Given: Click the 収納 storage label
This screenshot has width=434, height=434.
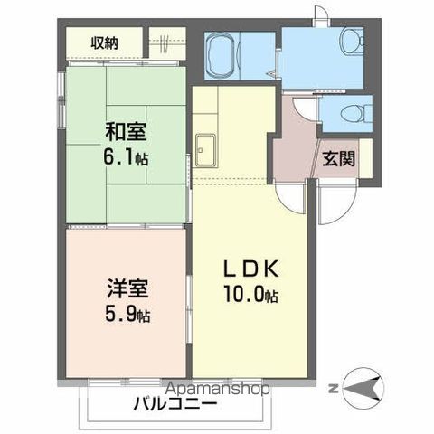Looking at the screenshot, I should [104, 42].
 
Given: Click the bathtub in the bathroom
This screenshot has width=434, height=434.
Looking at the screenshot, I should [221, 57].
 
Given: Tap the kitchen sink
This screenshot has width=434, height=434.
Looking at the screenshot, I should [203, 149].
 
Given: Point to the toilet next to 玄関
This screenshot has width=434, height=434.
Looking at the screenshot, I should [354, 113].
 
